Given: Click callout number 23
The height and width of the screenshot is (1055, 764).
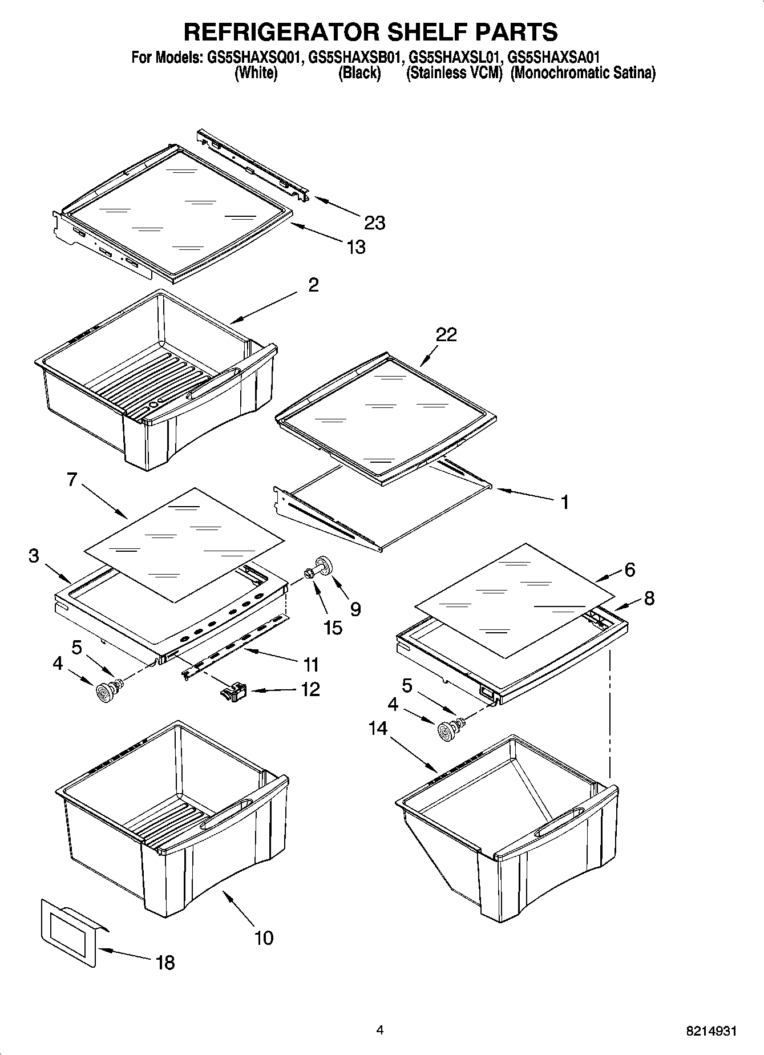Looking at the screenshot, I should [x=374, y=223].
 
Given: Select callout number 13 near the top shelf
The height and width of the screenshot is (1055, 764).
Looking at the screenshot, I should [x=355, y=247].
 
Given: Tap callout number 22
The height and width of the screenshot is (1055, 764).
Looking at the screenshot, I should [x=446, y=335].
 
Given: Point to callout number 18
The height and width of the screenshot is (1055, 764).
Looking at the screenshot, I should [x=165, y=963].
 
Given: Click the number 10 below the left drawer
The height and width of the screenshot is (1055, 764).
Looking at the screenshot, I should [x=264, y=937].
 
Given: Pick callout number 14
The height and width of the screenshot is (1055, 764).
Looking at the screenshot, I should [x=378, y=729].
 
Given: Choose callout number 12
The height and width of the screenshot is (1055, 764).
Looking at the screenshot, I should [x=310, y=689].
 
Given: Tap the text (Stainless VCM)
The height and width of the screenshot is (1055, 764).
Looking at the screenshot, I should [x=454, y=73].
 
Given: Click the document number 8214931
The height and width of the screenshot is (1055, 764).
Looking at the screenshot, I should [x=710, y=1031].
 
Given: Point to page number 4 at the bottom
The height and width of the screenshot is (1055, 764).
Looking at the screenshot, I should [x=379, y=1030].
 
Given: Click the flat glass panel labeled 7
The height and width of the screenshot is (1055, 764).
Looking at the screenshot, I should [x=183, y=542].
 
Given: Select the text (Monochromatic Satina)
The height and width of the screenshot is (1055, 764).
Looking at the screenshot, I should [x=583, y=73].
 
